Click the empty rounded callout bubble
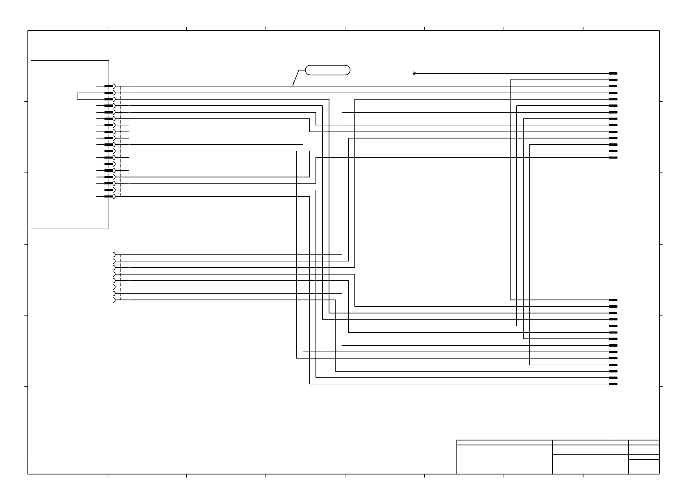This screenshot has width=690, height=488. [x=328, y=70]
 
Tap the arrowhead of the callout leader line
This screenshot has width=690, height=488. [x=293, y=85]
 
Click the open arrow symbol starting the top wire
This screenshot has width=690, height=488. [x=415, y=73]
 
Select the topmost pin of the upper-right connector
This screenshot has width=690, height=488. [x=613, y=73]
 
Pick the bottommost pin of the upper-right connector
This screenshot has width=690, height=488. [x=613, y=157]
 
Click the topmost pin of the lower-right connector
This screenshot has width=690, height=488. [x=613, y=300]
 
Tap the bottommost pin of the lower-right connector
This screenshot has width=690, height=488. [x=613, y=384]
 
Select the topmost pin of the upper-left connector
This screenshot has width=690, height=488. [x=109, y=86]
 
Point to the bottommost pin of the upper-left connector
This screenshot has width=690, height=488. [x=109, y=196]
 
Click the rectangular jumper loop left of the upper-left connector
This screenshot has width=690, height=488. [x=77, y=96]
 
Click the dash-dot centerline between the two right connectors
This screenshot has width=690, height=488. [x=614, y=229]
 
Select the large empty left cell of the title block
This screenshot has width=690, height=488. [x=504, y=459]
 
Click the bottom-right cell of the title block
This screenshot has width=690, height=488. [x=644, y=467]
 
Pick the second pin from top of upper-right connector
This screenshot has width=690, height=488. [x=613, y=80]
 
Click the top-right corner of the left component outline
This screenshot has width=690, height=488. [x=109, y=60]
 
